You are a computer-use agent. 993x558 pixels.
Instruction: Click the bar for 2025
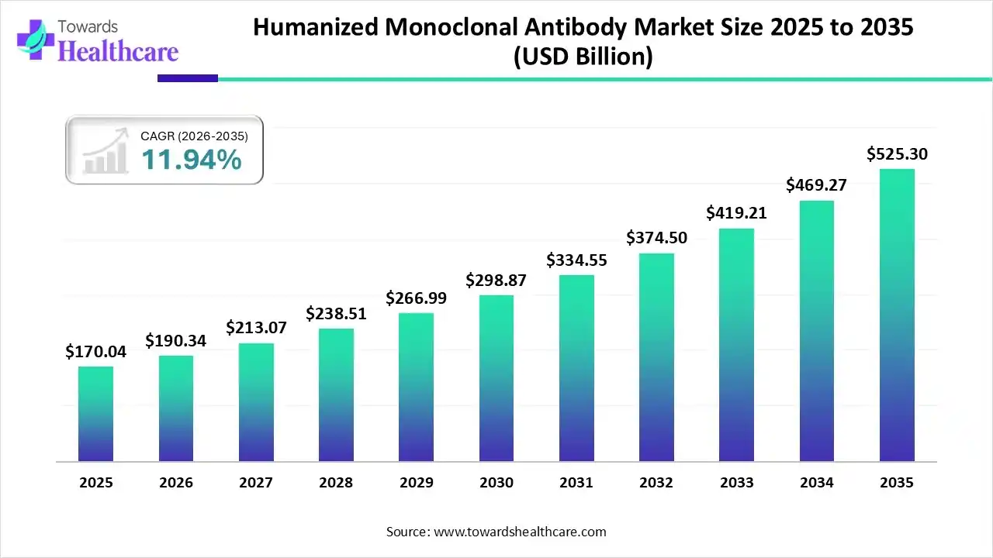coord(95,414)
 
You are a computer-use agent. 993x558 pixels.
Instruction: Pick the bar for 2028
coord(336,395)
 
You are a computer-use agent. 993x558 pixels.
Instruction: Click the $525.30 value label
coord(897,154)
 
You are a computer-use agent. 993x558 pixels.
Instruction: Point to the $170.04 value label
coord(95,352)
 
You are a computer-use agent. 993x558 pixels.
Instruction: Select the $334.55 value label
coord(576,260)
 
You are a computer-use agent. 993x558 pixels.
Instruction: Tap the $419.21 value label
coord(736,212)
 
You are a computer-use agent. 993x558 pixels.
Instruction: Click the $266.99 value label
coord(416,298)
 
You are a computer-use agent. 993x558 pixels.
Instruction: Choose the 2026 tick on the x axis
coord(175,483)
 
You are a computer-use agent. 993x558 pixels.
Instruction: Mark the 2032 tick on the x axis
coord(656,483)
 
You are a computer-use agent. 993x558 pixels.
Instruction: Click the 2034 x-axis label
coord(817,483)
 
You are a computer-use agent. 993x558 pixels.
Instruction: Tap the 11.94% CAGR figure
coord(191,160)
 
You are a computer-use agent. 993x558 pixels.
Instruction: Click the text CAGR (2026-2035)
coord(194,136)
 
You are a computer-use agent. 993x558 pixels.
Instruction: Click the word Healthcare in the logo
coord(118,51)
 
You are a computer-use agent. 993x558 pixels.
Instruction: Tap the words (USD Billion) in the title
coord(583,57)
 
